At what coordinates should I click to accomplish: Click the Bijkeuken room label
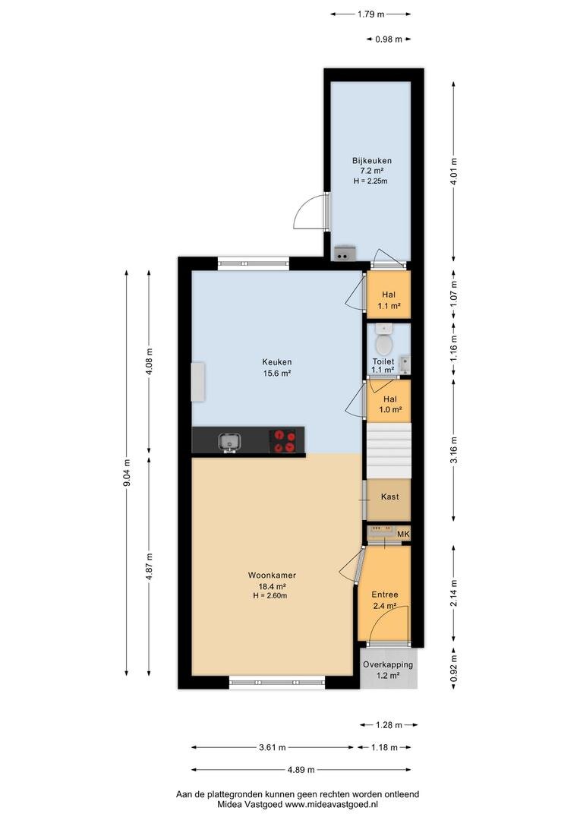point(371,160)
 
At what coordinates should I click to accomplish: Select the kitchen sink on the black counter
point(229,442)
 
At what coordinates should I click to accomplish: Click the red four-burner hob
point(283,440)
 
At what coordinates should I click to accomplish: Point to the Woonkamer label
point(272,576)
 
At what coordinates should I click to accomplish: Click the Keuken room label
point(276,362)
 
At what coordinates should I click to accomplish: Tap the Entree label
point(385,594)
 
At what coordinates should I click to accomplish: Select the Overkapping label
point(388,664)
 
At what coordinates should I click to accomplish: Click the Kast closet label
point(390,497)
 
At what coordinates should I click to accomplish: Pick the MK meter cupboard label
point(403,534)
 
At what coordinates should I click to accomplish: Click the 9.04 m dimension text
point(127,472)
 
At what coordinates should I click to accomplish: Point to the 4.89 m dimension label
point(301,770)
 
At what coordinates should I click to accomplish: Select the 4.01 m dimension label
point(453,172)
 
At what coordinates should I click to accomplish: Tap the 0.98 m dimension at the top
point(389,39)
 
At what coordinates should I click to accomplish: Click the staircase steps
point(388,451)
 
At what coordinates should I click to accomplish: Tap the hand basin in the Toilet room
point(405,362)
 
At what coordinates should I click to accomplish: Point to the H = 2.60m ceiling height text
point(270,596)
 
